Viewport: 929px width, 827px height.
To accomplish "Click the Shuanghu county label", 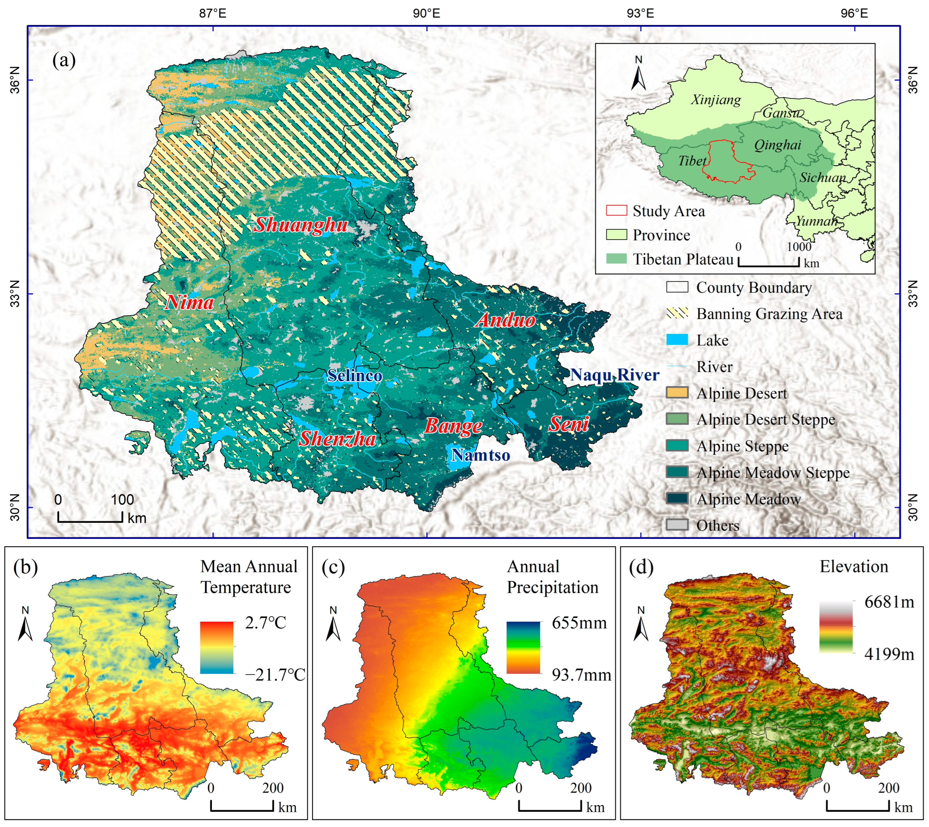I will click(x=301, y=225).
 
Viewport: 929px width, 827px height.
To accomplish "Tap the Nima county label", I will click(x=189, y=303).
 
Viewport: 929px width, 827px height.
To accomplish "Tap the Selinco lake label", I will click(x=355, y=376).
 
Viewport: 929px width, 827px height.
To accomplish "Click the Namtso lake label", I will click(x=480, y=455).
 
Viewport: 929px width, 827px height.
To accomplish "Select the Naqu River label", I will click(x=615, y=375).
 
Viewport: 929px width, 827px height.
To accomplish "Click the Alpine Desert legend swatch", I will click(x=677, y=393).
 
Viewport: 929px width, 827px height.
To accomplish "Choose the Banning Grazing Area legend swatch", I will click(x=677, y=313).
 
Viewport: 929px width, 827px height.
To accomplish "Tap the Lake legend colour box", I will click(x=677, y=340).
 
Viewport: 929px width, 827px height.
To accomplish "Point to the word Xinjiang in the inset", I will click(x=716, y=100).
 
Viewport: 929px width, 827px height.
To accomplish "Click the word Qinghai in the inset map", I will click(x=777, y=145).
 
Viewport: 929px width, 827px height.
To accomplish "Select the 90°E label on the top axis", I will click(x=426, y=13).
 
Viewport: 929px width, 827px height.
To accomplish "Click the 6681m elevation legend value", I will click(x=889, y=602).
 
